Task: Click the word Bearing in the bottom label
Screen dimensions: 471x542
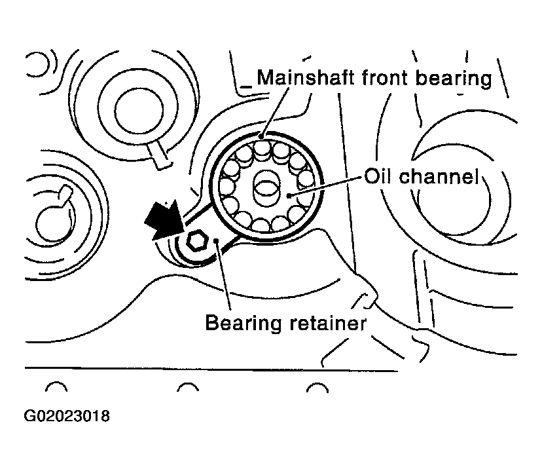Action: click(x=240, y=323)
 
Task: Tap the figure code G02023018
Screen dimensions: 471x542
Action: click(x=66, y=415)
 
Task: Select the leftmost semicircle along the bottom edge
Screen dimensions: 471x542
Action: click(x=57, y=388)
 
